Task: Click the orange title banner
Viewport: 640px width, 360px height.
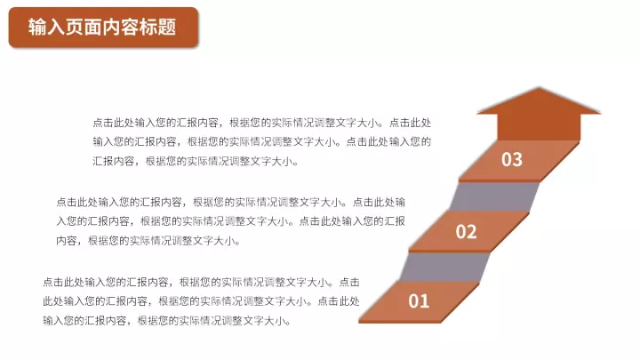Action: [x=103, y=28]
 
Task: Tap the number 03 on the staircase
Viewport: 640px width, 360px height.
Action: [x=512, y=160]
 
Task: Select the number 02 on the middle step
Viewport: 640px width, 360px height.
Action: [x=466, y=232]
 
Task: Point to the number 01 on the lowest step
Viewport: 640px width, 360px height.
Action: [x=419, y=301]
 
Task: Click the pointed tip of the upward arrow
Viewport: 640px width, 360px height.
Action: [x=540, y=87]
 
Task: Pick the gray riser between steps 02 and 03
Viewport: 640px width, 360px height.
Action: [x=495, y=196]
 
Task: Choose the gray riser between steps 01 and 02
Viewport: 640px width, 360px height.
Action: [x=445, y=267]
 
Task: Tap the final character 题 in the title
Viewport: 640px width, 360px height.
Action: [x=167, y=28]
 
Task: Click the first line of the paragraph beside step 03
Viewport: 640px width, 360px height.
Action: [x=262, y=123]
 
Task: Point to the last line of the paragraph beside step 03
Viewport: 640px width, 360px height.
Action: [x=195, y=161]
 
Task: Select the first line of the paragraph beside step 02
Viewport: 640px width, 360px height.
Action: [x=230, y=202]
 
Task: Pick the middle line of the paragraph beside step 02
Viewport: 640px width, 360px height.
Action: [x=230, y=221]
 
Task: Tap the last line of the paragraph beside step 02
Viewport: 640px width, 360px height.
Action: [x=148, y=240]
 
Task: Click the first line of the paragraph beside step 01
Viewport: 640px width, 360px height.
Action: [x=201, y=282]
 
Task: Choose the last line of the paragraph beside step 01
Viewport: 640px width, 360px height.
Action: [x=166, y=320]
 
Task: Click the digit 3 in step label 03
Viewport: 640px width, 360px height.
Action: [x=517, y=160]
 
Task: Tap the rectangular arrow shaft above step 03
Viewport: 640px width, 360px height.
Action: [x=539, y=127]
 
